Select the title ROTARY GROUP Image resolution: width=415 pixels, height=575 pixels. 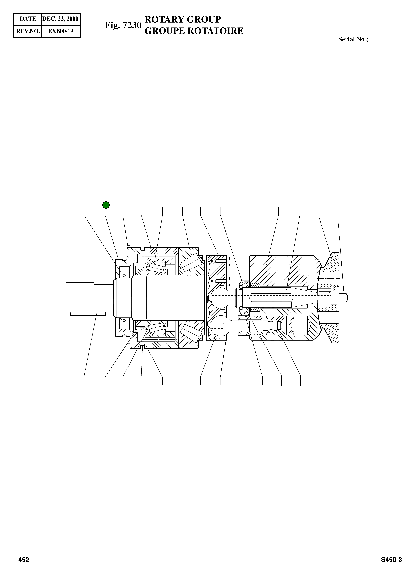click(183, 19)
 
